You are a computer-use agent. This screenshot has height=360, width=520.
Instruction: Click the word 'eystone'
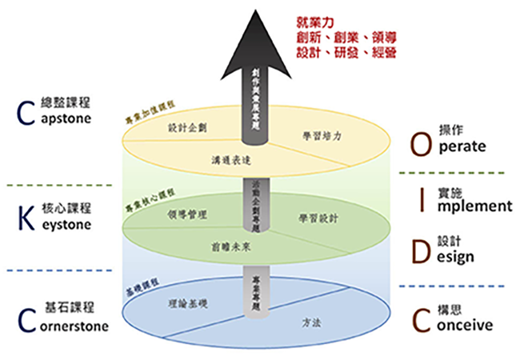pyautogui.click(x=63, y=225)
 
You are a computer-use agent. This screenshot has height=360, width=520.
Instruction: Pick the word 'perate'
pyautogui.click(x=462, y=148)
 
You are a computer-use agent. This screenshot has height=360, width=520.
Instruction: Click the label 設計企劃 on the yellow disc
pyautogui.click(x=187, y=126)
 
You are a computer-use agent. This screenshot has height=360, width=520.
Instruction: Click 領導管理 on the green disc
pyautogui.click(x=188, y=214)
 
